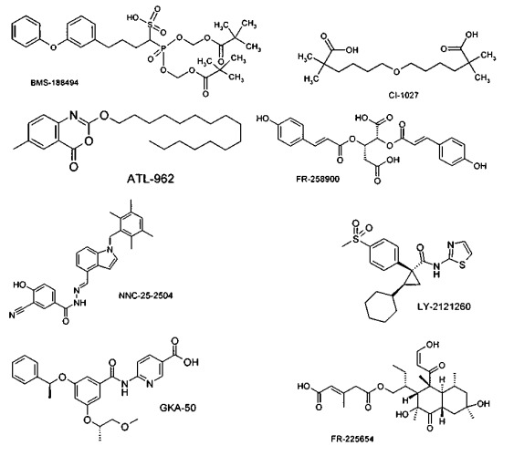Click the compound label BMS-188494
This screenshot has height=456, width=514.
[55, 82]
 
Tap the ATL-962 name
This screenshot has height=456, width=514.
[151, 179]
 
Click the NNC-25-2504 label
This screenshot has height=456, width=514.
[145, 295]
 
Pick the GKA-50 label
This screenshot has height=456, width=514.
[178, 408]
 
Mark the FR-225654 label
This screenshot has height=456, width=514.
[352, 439]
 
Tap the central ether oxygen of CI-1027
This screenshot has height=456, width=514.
[396, 71]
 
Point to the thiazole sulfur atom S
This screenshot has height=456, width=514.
[462, 264]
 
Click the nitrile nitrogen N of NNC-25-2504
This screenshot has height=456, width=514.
[12, 316]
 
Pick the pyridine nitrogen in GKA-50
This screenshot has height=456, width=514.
[150, 383]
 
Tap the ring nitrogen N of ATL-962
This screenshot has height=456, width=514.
[73, 114]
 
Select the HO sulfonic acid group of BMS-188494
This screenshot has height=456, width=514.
[132, 17]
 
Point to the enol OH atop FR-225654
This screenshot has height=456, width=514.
[433, 344]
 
